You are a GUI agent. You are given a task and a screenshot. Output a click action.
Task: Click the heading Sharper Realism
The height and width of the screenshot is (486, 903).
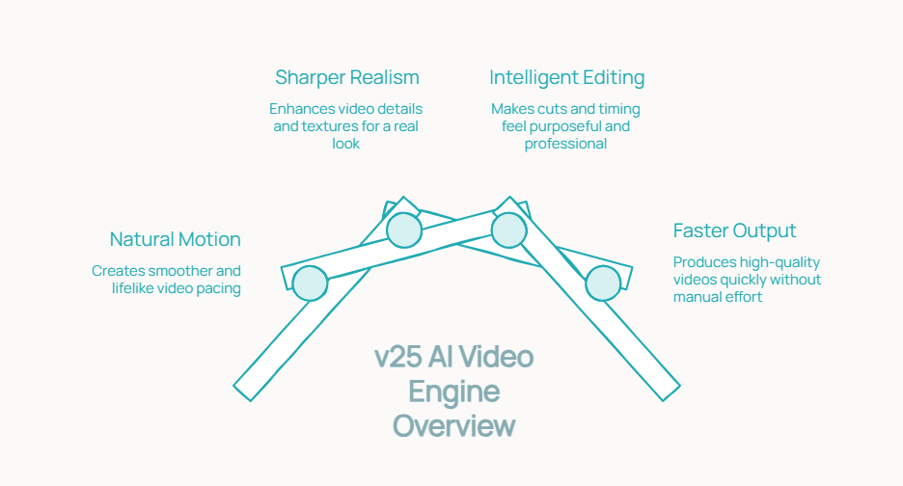coord(347,77)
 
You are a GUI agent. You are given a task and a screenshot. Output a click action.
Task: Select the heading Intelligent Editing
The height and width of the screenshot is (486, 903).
coord(566,77)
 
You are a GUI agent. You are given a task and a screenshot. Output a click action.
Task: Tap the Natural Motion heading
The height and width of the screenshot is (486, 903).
coord(175,239)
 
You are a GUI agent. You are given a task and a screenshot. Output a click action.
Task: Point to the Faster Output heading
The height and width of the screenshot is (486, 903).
coord(734,231)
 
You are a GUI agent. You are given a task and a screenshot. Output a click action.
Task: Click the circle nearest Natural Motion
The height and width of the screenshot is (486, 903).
coord(310,283)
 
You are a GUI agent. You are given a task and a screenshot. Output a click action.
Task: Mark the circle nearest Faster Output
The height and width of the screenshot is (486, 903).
coord(603,283)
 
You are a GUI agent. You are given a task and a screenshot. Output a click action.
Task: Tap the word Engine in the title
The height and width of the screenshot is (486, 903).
coord(453,391)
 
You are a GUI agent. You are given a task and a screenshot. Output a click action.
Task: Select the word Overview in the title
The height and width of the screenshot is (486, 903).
coord(453,426)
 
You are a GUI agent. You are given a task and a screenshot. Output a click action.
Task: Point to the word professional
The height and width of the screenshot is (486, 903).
coord(565,144)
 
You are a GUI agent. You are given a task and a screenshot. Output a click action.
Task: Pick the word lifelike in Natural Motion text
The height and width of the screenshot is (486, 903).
coord(136,288)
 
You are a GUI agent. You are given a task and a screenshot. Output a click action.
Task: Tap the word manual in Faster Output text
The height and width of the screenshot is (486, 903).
coord(697,297)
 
